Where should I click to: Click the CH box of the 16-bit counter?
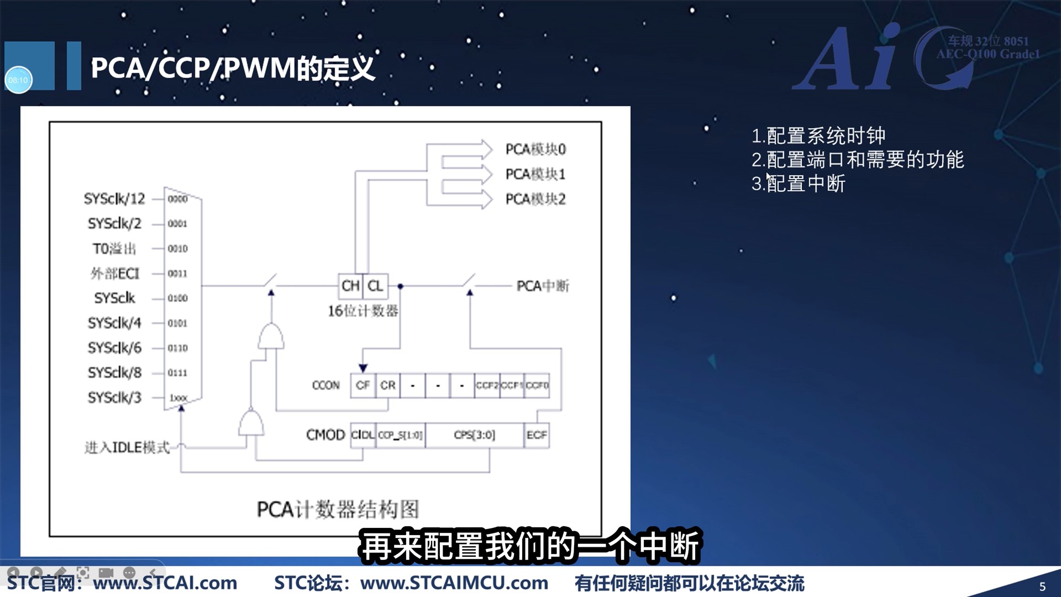(x=350, y=286)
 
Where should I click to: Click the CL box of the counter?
(x=375, y=286)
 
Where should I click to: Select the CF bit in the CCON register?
(x=363, y=385)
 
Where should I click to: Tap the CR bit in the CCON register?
(x=388, y=385)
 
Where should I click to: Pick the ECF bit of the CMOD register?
(x=537, y=435)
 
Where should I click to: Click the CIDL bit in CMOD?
(x=363, y=435)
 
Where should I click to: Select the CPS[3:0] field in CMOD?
(x=474, y=435)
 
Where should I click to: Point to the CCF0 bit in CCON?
(x=537, y=385)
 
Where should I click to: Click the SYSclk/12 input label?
(x=114, y=199)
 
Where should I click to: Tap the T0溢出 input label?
(x=114, y=249)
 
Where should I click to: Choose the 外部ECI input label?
(x=115, y=274)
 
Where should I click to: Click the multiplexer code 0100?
(x=177, y=298)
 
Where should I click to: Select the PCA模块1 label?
(x=535, y=175)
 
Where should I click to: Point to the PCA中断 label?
(x=542, y=286)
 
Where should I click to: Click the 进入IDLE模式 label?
(x=127, y=447)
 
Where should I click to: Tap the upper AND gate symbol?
(x=271, y=337)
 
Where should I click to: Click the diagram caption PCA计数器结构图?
(x=338, y=509)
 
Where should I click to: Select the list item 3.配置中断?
(x=799, y=184)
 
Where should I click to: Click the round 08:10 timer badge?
(x=18, y=80)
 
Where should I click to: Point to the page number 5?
(x=1042, y=586)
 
